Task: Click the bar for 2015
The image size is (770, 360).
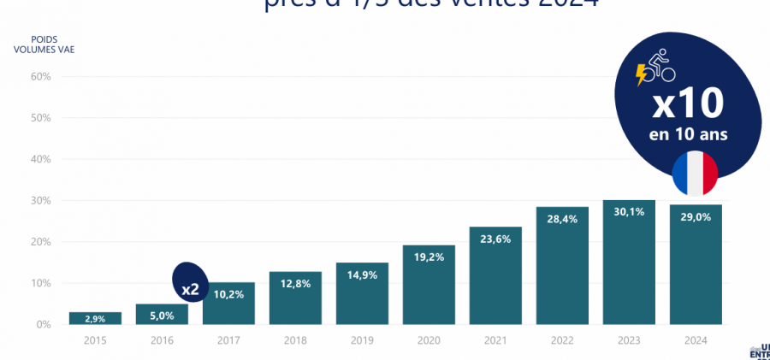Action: tap(95, 318)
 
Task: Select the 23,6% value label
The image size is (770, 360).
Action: tap(495, 239)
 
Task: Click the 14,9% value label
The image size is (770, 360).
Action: tap(362, 275)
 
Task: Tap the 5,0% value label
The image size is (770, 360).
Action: tap(162, 315)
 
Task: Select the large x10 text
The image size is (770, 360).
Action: tap(687, 104)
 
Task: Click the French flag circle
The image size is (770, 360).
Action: tap(695, 173)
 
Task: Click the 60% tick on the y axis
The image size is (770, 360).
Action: tap(41, 76)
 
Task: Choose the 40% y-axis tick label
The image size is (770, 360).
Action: tap(41, 159)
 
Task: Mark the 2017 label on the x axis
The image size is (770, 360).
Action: tap(228, 340)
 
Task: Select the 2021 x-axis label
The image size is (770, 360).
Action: tap(495, 340)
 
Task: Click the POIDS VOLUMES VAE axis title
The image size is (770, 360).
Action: tap(44, 44)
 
